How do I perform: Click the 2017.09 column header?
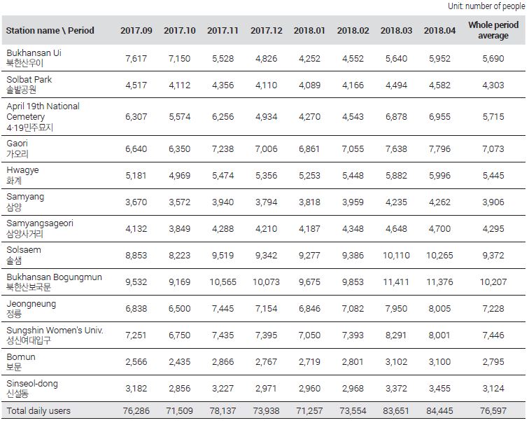pyautogui.click(x=136, y=30)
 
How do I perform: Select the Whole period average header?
pyautogui.click(x=493, y=30)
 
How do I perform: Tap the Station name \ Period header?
pyautogui.click(x=50, y=30)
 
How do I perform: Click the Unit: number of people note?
pyautogui.click(x=486, y=6)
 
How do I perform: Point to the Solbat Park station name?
pyautogui.click(x=29, y=80)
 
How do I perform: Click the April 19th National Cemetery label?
pyautogui.click(x=43, y=111)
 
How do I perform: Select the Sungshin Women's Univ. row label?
pyautogui.click(x=55, y=330)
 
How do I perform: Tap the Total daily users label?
pyautogui.click(x=38, y=411)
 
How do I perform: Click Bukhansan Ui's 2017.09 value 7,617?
pyautogui.click(x=136, y=58)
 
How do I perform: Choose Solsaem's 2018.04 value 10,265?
pyautogui.click(x=439, y=256)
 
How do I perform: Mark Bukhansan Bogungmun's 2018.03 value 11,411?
pyautogui.click(x=396, y=282)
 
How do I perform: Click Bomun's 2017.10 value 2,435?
pyautogui.click(x=179, y=362)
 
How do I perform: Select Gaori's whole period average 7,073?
pyautogui.click(x=493, y=149)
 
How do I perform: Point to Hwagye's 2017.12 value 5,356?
pyautogui.click(x=266, y=176)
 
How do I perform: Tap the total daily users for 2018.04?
pyautogui.click(x=439, y=411)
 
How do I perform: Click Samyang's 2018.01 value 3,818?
pyautogui.click(x=309, y=202)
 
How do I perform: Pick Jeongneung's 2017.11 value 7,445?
pyautogui.click(x=223, y=309)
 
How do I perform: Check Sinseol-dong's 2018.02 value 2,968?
pyautogui.click(x=353, y=389)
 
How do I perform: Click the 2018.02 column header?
pyautogui.click(x=353, y=30)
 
